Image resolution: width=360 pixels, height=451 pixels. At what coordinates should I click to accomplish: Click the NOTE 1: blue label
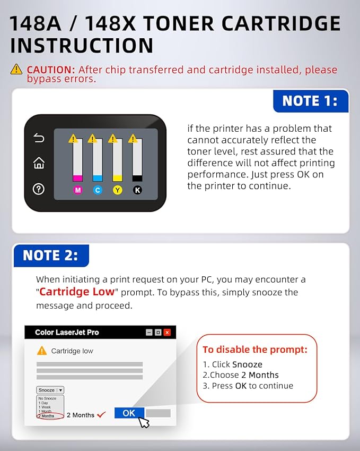[x=310, y=101]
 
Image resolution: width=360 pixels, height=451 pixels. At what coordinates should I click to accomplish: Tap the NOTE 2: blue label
[x=50, y=256]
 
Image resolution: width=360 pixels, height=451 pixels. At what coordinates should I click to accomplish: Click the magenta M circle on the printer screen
[x=77, y=190]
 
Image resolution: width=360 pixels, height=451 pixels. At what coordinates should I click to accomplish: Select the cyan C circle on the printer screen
[x=98, y=190]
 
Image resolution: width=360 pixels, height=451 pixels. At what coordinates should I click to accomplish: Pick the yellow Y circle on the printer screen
[x=117, y=190]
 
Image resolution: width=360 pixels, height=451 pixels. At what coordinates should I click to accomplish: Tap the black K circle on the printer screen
[x=137, y=190]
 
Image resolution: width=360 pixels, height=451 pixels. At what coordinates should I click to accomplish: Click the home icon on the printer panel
[x=39, y=163]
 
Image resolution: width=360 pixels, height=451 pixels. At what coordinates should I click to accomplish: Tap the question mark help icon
[x=39, y=189]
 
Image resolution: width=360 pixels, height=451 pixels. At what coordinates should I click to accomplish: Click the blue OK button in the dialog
[x=129, y=413]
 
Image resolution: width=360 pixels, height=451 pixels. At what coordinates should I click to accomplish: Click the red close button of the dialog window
[x=167, y=333]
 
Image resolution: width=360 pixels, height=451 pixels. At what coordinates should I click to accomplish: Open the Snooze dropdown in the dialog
[x=50, y=390]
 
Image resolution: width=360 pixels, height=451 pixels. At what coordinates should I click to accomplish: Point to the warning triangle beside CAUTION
[x=16, y=69]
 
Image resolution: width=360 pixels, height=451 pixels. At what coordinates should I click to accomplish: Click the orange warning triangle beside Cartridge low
[x=41, y=351]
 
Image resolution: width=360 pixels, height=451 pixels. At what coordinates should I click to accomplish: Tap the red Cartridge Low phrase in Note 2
[x=77, y=292]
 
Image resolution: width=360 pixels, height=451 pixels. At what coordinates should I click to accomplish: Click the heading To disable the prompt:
[x=255, y=350]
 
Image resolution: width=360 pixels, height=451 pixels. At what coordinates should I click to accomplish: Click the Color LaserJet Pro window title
[x=67, y=333]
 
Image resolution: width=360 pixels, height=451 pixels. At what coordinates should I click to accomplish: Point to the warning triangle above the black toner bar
[x=133, y=139]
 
